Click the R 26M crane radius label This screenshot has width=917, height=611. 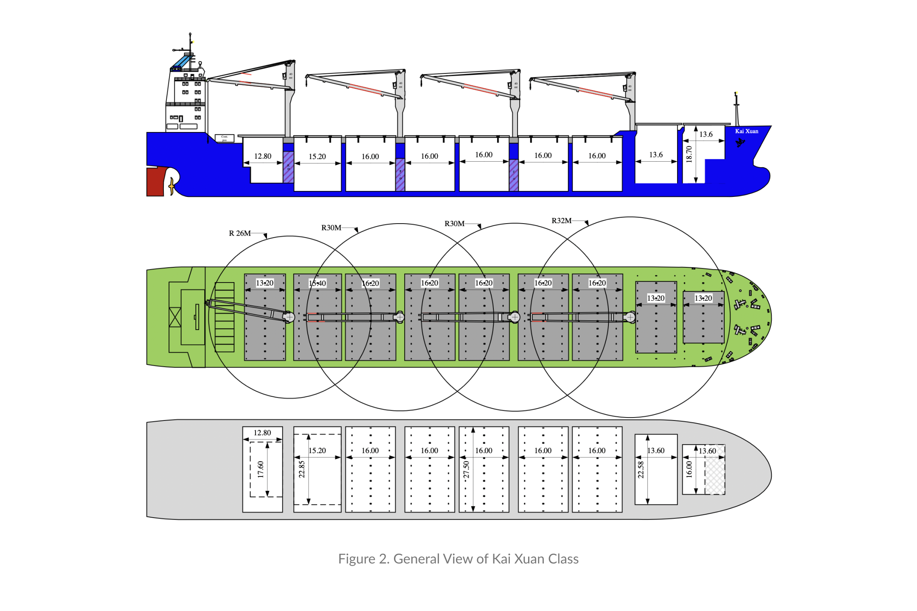(x=240, y=233)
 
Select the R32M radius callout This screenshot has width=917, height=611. (x=561, y=221)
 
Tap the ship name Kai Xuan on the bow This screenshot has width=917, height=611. (x=746, y=131)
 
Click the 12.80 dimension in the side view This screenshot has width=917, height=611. (x=262, y=156)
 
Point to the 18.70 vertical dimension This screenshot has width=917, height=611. (x=689, y=154)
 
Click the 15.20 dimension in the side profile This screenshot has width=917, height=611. (x=317, y=157)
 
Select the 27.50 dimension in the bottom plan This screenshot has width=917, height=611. (x=466, y=470)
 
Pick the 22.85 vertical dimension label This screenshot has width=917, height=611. (x=302, y=469)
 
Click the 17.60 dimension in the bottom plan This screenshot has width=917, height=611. (x=261, y=469)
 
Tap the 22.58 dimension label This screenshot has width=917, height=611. (x=641, y=470)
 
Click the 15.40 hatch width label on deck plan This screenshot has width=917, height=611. (x=317, y=283)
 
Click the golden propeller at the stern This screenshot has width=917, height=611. (x=172, y=186)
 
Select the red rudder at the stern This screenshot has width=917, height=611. (x=155, y=182)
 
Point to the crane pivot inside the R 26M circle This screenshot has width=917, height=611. (x=289, y=317)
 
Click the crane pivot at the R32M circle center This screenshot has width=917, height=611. (x=630, y=317)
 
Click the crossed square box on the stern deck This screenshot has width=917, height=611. (x=175, y=317)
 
